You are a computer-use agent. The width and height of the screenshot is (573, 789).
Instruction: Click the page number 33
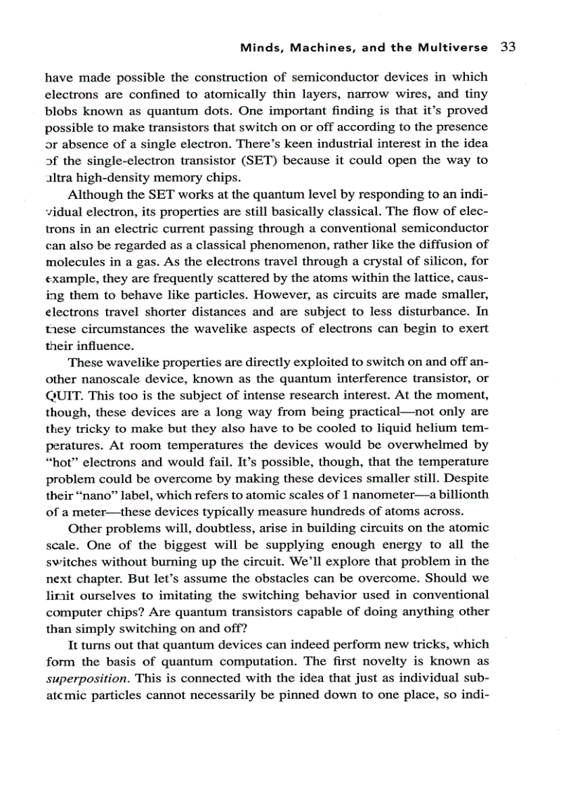click(x=508, y=48)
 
